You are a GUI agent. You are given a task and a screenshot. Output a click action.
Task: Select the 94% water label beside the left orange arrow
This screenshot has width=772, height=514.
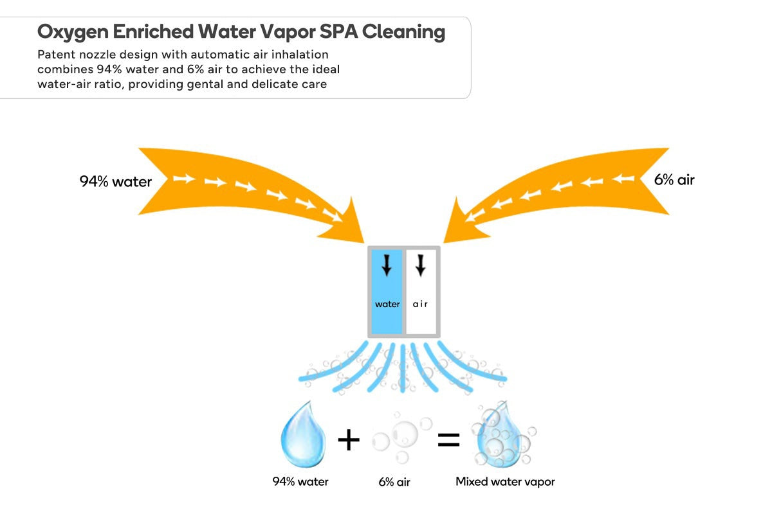tap(116, 181)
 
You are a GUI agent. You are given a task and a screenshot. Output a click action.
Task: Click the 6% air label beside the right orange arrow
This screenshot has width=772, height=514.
tap(674, 180)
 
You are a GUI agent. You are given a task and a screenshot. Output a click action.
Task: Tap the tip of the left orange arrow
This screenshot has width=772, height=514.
tap(362, 241)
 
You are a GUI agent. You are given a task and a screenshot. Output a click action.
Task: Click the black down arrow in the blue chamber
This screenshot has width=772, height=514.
tap(386, 265)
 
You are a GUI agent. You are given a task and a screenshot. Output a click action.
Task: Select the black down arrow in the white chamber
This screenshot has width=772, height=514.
tap(421, 265)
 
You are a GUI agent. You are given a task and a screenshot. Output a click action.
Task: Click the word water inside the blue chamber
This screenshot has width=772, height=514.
tap(387, 304)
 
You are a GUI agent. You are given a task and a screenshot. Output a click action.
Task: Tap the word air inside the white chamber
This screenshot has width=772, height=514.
tap(420, 304)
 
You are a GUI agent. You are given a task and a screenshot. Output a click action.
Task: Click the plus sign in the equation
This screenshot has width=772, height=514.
tap(349, 440)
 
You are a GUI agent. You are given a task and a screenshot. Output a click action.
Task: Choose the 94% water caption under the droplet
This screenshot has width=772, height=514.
tap(300, 481)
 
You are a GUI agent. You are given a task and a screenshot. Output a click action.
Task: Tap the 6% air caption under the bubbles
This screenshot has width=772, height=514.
tap(394, 482)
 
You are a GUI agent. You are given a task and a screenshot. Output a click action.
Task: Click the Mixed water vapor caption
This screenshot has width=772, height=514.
tap(505, 481)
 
